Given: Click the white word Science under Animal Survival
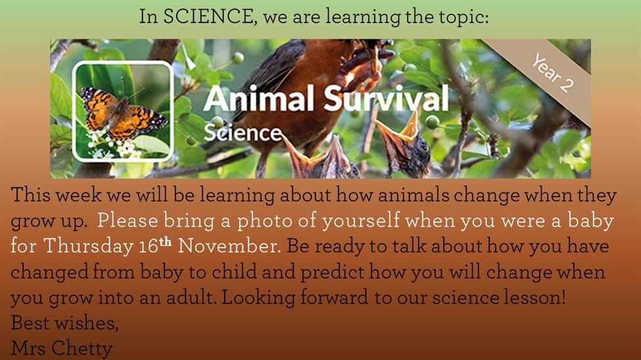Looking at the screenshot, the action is (243, 133).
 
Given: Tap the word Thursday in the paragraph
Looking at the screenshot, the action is (88, 246).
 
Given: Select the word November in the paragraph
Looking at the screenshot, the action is (229, 246).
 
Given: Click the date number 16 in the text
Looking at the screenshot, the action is (149, 246).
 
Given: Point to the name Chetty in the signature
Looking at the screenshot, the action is (82, 349).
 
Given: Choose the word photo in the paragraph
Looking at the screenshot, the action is (264, 221).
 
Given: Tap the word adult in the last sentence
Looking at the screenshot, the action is (191, 297).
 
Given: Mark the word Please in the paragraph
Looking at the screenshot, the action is (128, 221).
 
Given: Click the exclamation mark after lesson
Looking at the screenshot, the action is (563, 297).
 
